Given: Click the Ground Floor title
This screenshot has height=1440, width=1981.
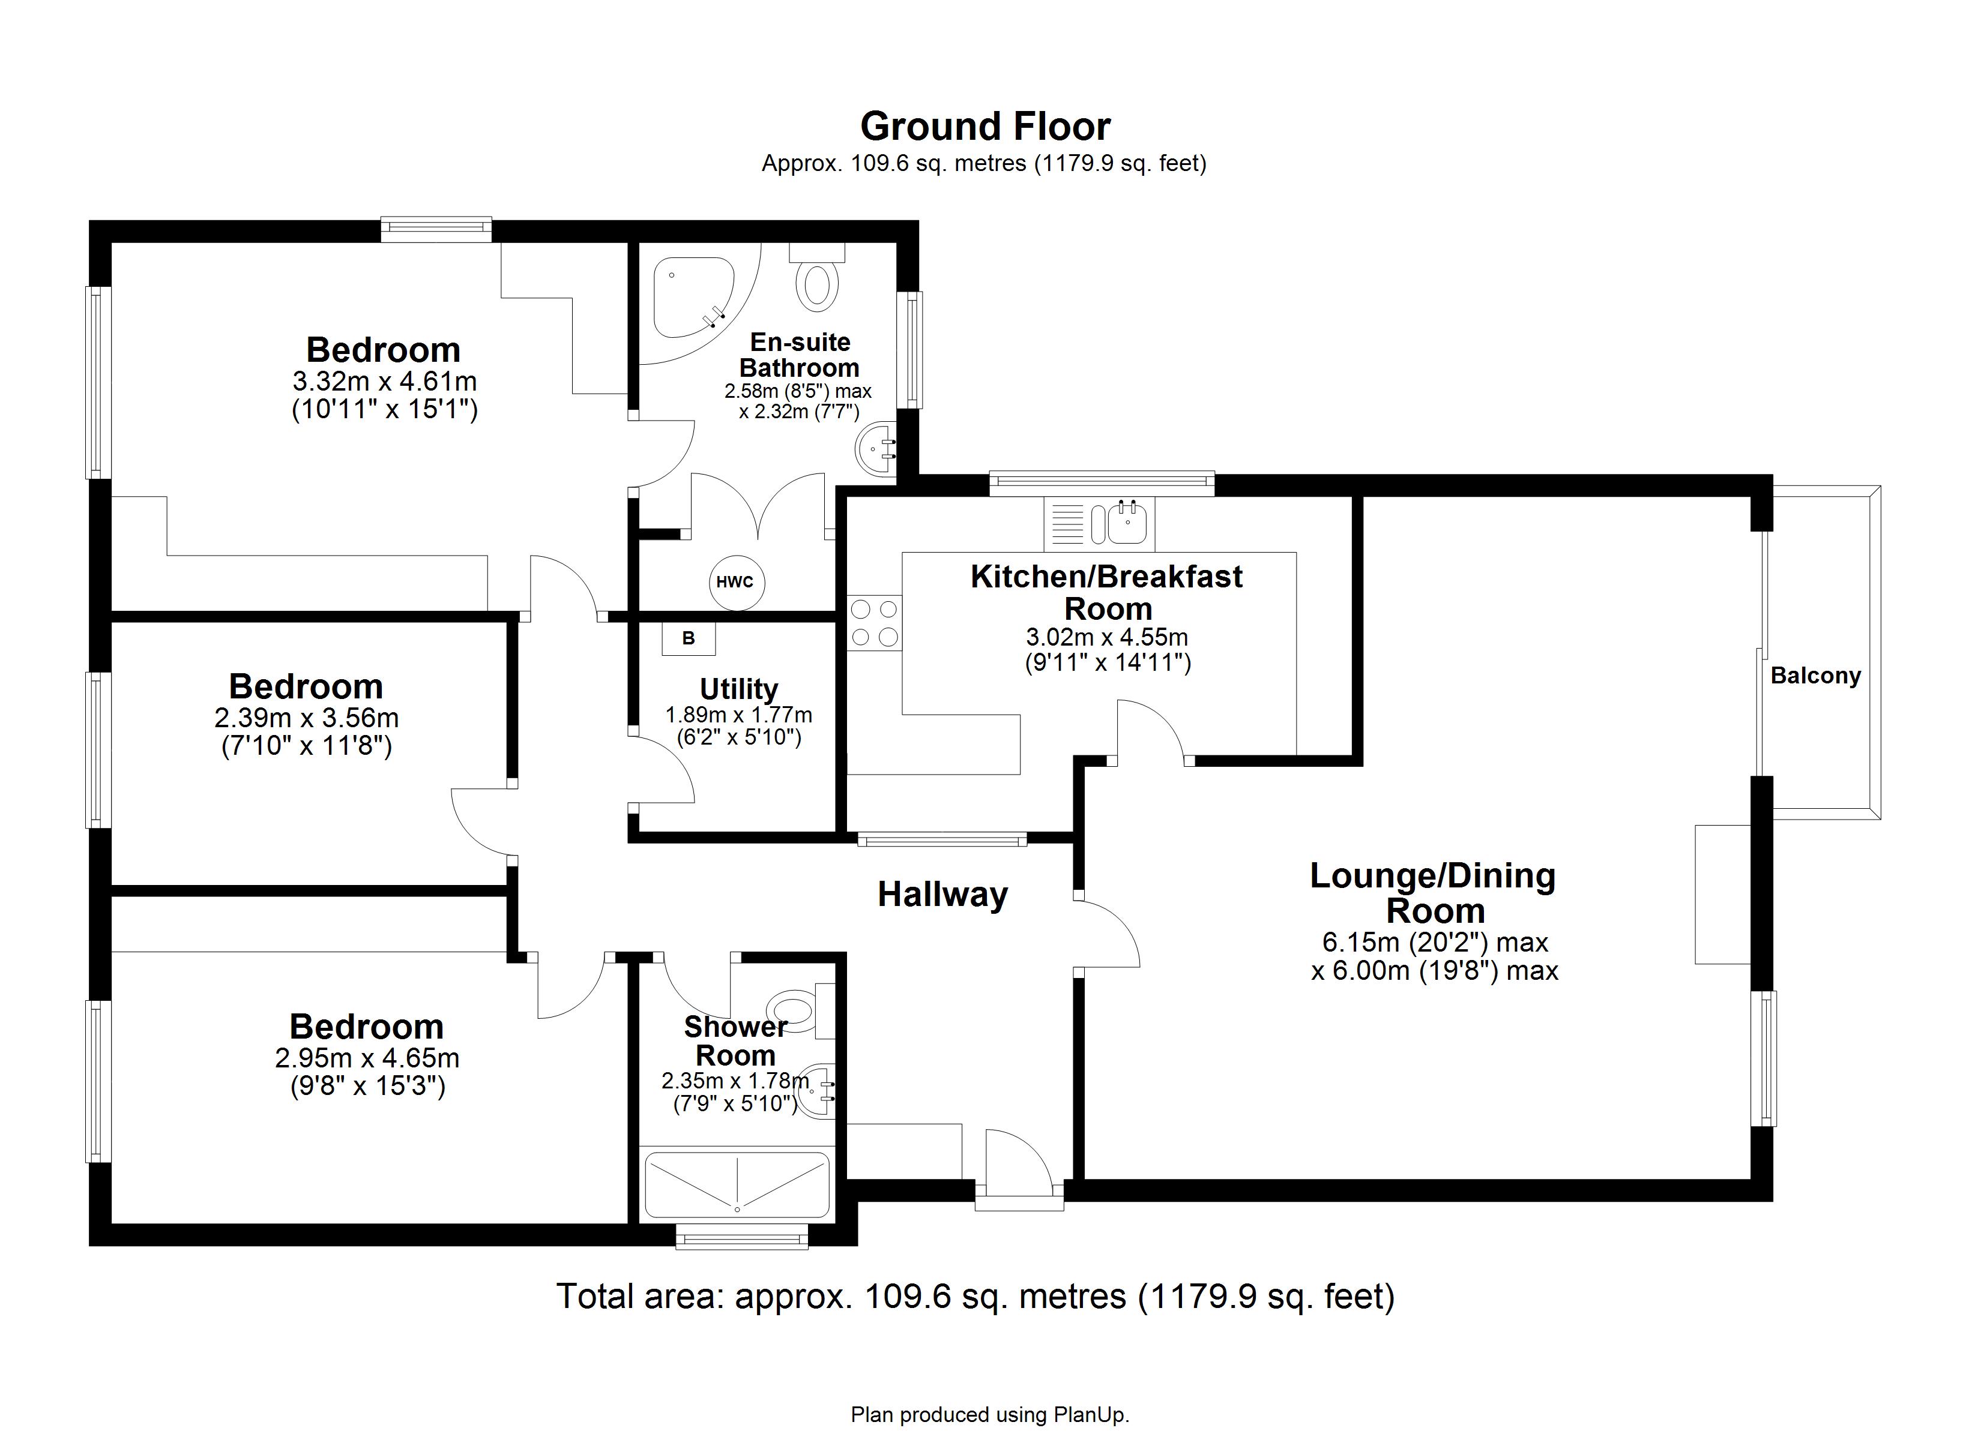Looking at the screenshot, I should point(984,127).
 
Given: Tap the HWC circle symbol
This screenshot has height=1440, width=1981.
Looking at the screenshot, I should point(735,583).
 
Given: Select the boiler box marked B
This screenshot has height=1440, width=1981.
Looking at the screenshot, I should point(689,638).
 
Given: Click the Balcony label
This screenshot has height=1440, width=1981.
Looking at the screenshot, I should point(1815,676).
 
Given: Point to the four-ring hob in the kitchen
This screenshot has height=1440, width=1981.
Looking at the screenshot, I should point(874,623).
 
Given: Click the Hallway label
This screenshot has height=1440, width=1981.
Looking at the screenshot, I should point(942,895).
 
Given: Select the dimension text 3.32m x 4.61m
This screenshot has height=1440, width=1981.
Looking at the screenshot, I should point(384,382).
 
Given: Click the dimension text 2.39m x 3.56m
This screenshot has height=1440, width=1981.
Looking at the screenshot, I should point(307,718).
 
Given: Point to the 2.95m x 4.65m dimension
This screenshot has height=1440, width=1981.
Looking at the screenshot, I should point(367,1058).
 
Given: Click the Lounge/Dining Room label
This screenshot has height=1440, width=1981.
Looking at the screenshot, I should point(1434,892).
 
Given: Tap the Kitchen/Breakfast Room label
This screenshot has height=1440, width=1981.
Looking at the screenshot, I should point(1107,592).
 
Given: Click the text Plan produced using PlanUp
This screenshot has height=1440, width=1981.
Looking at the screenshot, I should point(990,1415).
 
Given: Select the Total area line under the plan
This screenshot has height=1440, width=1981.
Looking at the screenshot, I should point(975,1296).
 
